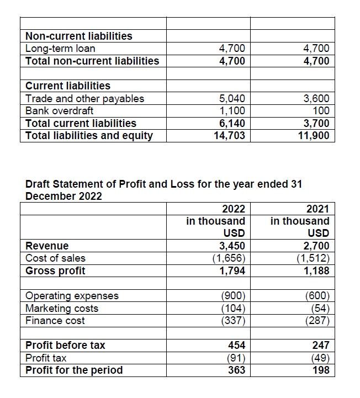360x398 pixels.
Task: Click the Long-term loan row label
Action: [x=60, y=49]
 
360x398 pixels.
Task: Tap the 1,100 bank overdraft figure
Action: [x=232, y=111]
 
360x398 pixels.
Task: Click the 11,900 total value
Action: [x=314, y=135]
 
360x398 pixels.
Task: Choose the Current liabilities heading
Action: [x=68, y=86]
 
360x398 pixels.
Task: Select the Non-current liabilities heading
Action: [x=79, y=36]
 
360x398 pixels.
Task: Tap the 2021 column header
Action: [x=317, y=209]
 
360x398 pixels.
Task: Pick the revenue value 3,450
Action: [x=232, y=246]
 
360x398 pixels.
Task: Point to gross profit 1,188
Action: [x=316, y=270]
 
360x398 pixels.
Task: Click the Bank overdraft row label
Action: [x=60, y=111]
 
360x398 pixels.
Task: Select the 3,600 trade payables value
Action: [x=316, y=99]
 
